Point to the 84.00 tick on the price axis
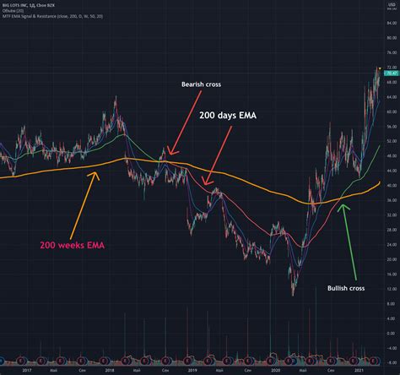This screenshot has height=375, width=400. pyautogui.click(x=390, y=24)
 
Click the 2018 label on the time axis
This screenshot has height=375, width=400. pyautogui.click(x=109, y=369)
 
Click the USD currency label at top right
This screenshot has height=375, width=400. pyautogui.click(x=389, y=6)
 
